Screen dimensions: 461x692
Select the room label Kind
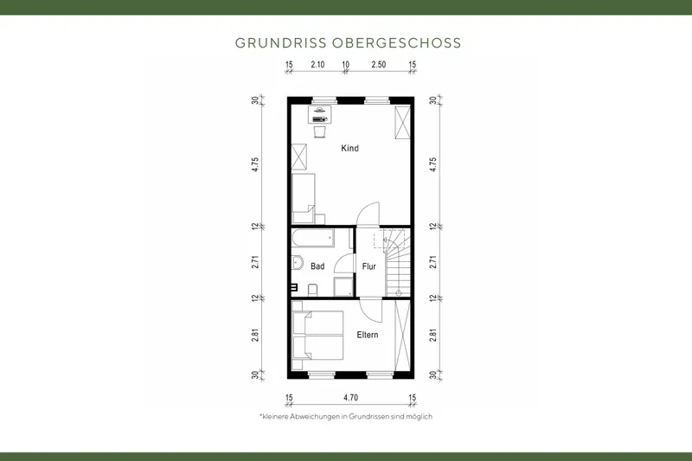coord(349,149)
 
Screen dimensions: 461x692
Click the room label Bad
coord(317,267)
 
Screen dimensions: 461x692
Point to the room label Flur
coord(368,267)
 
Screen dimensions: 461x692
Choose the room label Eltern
coord(368,335)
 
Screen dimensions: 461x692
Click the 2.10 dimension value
coord(317,66)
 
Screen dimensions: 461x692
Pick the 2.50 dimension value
coord(379,66)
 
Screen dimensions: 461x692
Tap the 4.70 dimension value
coord(350,398)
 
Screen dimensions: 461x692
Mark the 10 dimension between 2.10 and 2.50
coord(345,66)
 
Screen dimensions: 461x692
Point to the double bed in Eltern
coord(318,336)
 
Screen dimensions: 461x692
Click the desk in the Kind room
coord(320,112)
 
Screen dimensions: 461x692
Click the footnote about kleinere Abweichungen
coord(345,416)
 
